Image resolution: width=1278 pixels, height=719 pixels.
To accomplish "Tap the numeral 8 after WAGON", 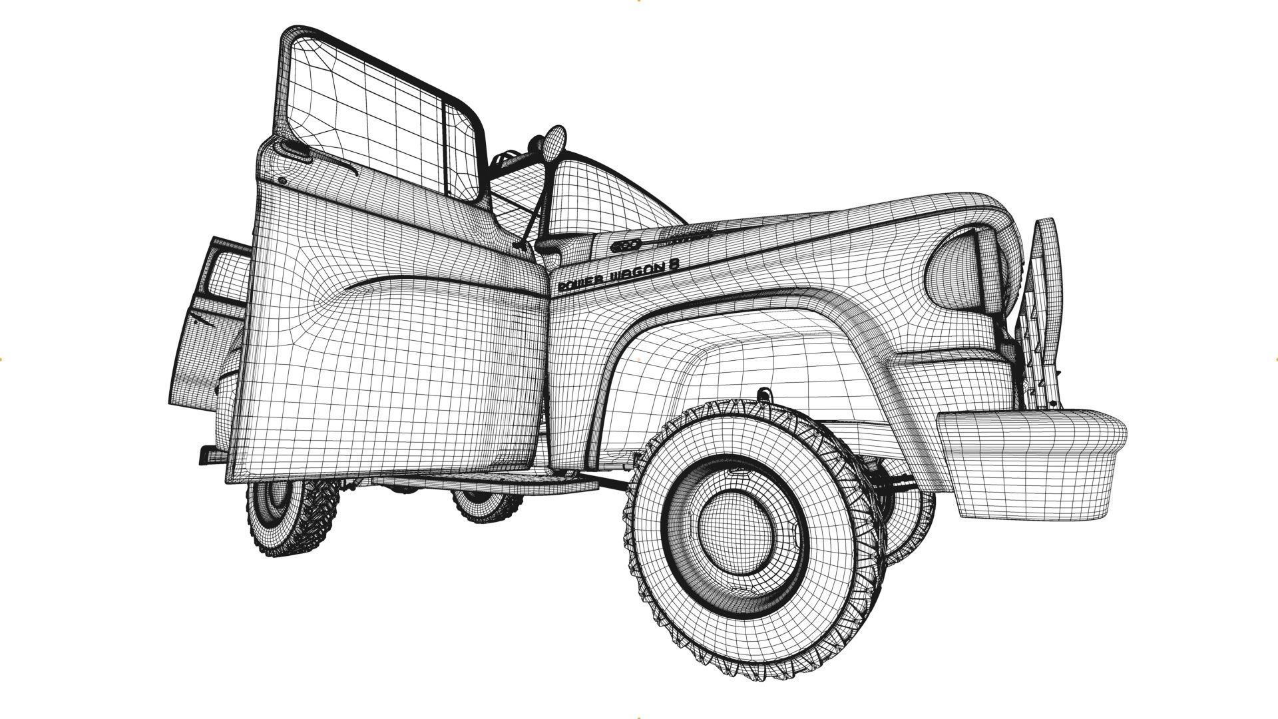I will pyautogui.click(x=674, y=263).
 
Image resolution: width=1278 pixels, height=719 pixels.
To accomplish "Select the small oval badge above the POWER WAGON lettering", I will pyautogui.click(x=625, y=245).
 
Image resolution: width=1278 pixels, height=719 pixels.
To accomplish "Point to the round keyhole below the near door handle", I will pyautogui.click(x=282, y=180).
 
